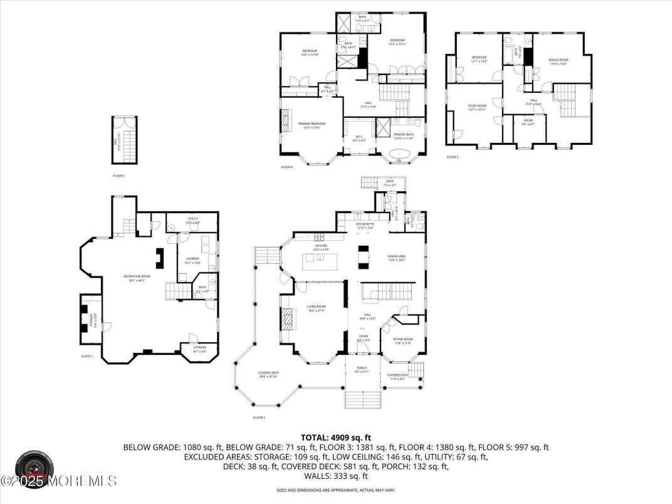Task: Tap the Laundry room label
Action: [x=192, y=260]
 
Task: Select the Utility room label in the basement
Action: [x=192, y=220]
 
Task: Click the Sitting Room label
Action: [x=402, y=341]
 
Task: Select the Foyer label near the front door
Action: [x=364, y=338]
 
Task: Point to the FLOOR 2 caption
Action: [x=118, y=176]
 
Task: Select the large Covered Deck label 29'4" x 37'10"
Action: [x=268, y=374]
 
